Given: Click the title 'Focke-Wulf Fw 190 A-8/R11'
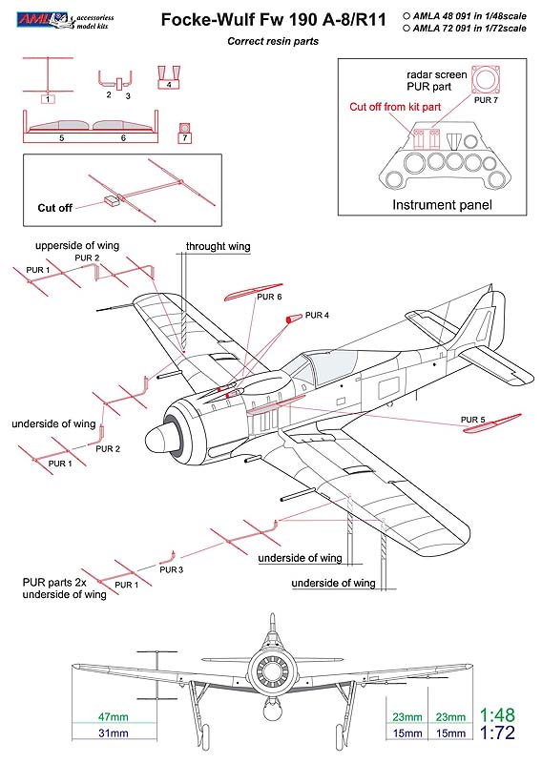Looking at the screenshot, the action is [x=273, y=20].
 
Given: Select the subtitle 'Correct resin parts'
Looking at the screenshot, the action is [x=273, y=41].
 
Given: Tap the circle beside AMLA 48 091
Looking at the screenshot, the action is [x=406, y=16].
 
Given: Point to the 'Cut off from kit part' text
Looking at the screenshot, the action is [x=395, y=107].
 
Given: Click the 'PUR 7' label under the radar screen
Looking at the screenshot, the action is [x=486, y=100].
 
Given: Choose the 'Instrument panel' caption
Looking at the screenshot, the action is [x=442, y=205].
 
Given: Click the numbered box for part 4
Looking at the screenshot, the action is [x=169, y=84].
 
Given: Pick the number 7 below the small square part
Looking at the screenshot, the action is [x=184, y=138].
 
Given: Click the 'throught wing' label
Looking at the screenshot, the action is [x=218, y=246].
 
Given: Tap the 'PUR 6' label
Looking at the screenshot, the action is [x=269, y=297].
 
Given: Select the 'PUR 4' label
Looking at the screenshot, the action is [x=317, y=316].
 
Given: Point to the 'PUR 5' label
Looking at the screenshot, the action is [x=473, y=420].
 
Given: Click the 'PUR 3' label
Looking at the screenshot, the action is [x=172, y=569].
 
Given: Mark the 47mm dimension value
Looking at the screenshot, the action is [x=113, y=717].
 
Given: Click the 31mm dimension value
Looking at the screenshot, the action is [x=113, y=732].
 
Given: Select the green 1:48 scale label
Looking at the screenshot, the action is [x=497, y=715].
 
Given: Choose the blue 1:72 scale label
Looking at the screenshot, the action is [x=497, y=732].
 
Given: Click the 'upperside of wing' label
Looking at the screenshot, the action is [x=77, y=246].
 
